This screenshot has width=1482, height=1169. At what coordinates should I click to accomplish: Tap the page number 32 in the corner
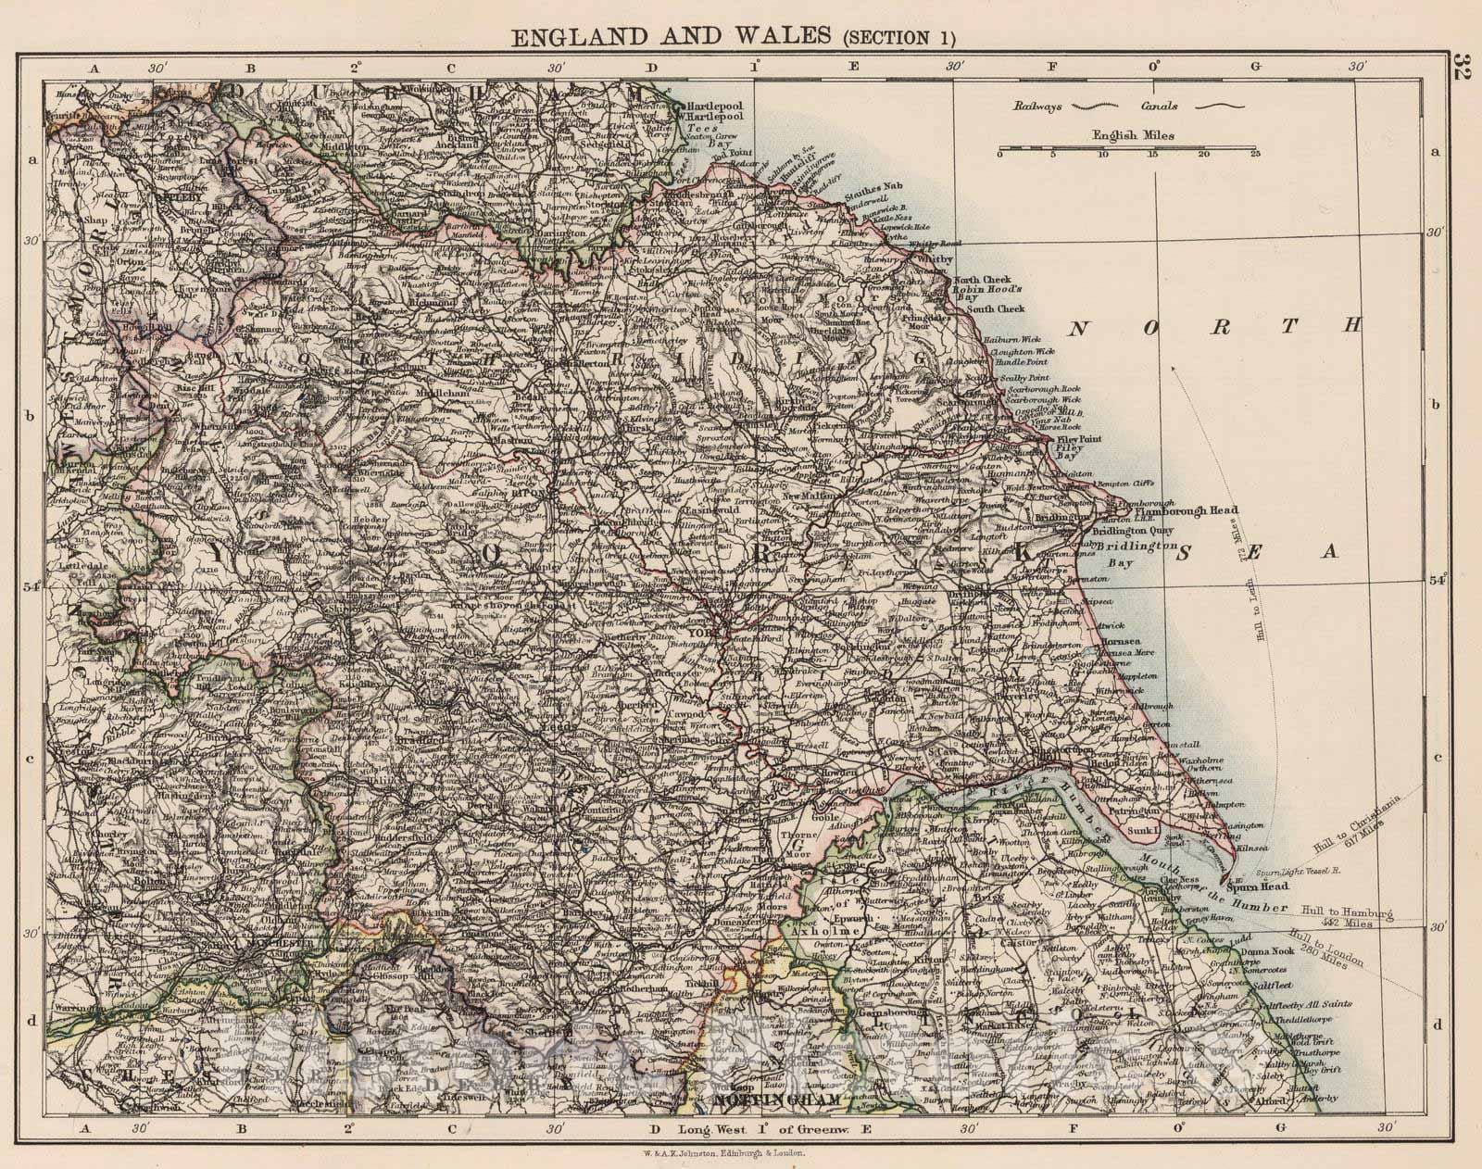1464,69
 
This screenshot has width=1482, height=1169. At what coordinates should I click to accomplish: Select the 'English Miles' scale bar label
1133,135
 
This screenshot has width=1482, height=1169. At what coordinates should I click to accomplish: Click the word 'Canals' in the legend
1160,106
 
